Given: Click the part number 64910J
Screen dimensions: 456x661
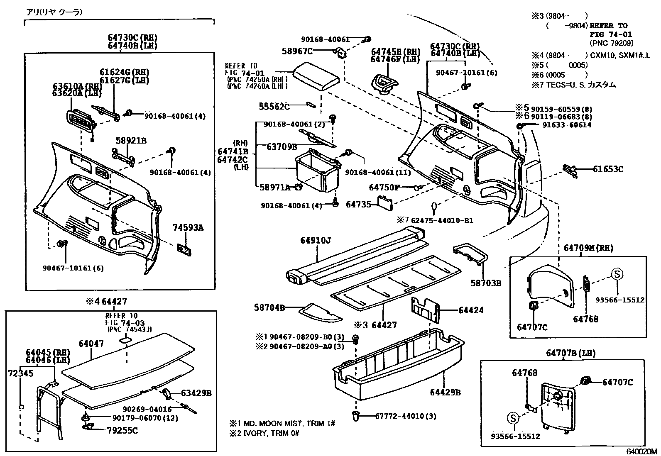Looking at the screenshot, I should tap(316, 241).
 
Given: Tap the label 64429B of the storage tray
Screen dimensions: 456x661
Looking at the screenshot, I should tap(445, 392).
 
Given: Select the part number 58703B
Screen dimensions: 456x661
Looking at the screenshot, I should tap(486, 283).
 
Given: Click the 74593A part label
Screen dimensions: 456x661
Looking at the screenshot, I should tap(188, 227).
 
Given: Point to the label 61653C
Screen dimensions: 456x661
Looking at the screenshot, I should tap(608, 169).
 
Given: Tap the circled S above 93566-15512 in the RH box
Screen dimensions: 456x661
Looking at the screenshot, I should tap(617, 274).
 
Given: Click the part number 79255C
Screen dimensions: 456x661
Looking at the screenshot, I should tap(122, 431).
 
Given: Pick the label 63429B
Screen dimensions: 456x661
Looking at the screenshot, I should tap(196, 393).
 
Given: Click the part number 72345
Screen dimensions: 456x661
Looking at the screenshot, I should tap(20, 373).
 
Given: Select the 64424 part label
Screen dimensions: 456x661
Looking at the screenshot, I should tap(471, 310).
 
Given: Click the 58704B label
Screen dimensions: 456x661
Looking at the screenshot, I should tap(269, 307).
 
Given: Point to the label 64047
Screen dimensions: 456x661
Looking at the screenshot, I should tap(91, 344).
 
